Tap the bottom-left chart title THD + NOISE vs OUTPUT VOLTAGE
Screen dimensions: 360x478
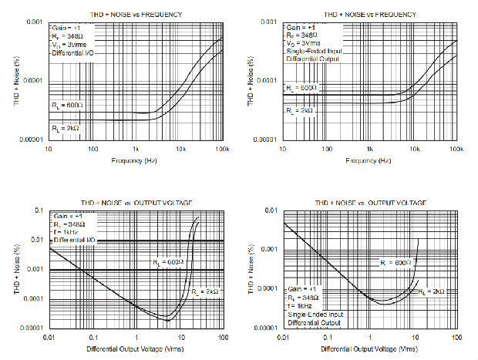[136, 202]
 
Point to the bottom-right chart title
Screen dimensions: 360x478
[370, 202]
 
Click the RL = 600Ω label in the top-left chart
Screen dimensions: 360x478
[65, 105]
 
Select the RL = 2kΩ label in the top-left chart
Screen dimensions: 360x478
[65, 126]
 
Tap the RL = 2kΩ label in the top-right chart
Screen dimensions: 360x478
[299, 110]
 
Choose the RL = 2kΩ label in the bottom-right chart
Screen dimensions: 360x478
[432, 291]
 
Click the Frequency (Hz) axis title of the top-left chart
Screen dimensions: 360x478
[136, 160]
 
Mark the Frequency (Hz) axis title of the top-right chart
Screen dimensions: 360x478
[370, 160]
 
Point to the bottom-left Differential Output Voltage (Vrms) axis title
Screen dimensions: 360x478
[136, 350]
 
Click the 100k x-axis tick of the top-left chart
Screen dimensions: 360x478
[224, 148]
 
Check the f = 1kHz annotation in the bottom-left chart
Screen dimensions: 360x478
[66, 232]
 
